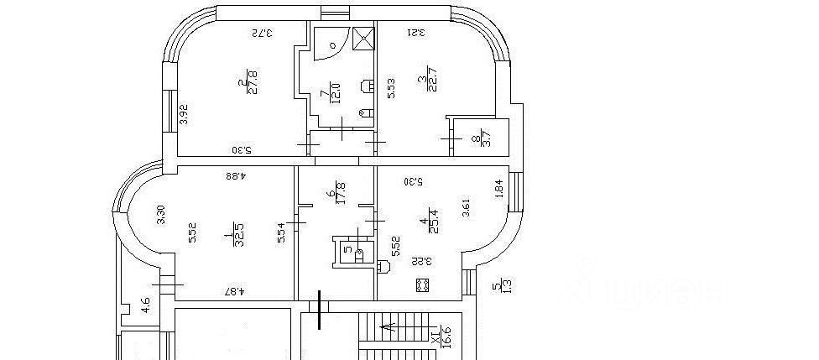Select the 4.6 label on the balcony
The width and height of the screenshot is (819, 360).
146,306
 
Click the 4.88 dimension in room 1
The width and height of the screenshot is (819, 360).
240,176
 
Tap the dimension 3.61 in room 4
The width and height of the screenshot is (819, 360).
466,206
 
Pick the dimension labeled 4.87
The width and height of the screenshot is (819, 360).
236,292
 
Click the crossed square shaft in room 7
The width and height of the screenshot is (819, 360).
363,39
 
